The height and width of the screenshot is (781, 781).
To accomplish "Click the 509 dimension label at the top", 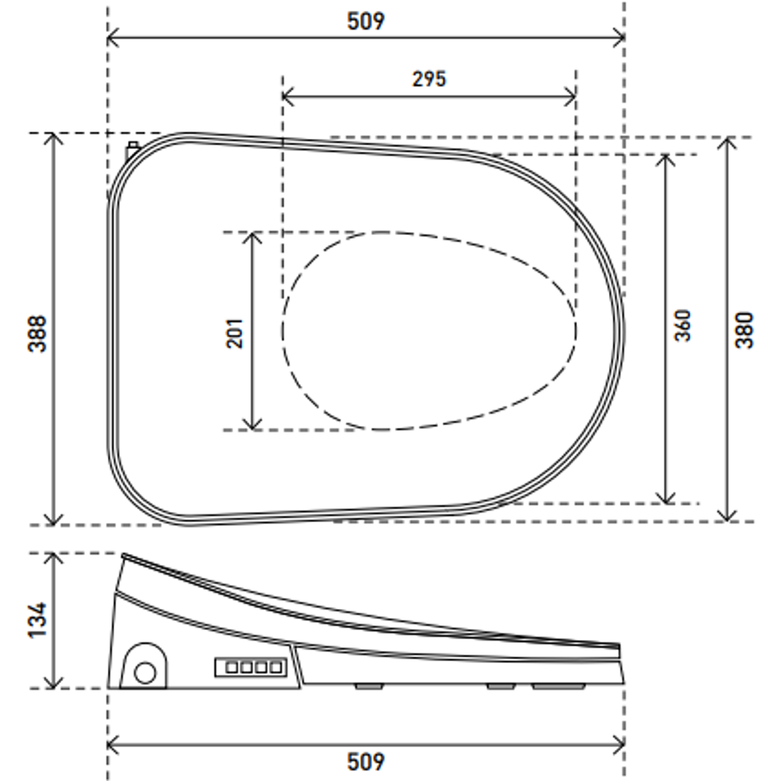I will (x=366, y=21).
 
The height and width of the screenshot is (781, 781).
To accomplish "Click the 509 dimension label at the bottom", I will (x=366, y=761).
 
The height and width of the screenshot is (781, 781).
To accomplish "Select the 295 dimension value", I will (x=430, y=79).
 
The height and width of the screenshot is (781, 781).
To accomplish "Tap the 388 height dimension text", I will (x=38, y=333).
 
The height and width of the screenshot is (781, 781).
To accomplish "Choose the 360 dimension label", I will (x=683, y=325).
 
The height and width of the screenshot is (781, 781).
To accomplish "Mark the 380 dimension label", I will (x=744, y=330).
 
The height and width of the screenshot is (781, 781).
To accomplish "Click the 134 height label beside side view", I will (x=38, y=620).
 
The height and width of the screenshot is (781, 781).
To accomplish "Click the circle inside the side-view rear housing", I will (x=145, y=673).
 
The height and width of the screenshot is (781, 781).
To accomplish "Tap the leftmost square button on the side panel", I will (x=232, y=667).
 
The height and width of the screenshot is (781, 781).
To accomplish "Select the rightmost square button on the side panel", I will (x=276, y=667).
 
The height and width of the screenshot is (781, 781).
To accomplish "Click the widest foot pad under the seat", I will (x=559, y=686).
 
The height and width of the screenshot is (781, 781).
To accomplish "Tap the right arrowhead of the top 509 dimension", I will (x=620, y=38).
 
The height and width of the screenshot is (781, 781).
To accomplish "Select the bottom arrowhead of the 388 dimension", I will (x=54, y=521).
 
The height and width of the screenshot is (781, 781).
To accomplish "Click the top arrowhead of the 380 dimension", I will (x=727, y=140).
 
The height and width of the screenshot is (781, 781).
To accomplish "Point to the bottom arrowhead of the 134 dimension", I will (x=54, y=684).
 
